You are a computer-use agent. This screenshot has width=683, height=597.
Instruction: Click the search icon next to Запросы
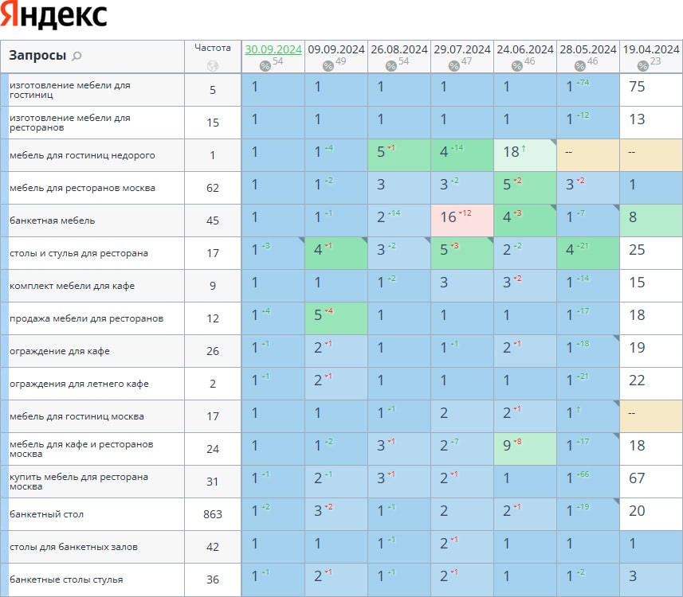pos(77,56)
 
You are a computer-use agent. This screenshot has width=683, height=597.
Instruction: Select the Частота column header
pos(212,48)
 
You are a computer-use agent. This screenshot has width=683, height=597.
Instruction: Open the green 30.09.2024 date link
pos(273,49)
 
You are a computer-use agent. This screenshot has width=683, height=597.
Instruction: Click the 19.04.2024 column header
pos(651,49)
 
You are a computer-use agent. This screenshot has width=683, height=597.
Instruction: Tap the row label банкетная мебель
pos(42,220)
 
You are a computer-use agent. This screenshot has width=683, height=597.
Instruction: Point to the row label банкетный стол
pos(41,514)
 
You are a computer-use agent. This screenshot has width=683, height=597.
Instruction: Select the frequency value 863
pos(213,514)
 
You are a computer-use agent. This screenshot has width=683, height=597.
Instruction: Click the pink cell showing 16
pos(462,220)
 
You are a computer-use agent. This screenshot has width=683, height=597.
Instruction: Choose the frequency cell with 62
pos(213,188)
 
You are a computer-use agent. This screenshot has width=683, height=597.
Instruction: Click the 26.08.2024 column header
pos(399,49)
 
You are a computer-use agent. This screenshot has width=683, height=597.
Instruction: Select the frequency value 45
pos(213,220)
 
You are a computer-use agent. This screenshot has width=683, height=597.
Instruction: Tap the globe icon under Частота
pos(212,66)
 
